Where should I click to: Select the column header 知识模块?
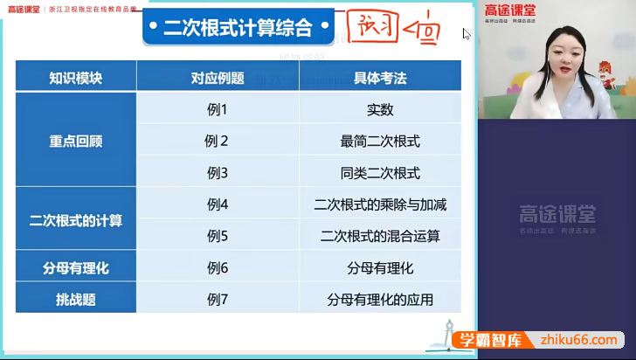point(76,78)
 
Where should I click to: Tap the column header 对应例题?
point(218,78)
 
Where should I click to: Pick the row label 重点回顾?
point(76,141)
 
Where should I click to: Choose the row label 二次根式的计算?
point(76,220)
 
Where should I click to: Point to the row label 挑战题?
point(76,299)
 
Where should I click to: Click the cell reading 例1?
point(218,109)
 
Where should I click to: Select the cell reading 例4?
point(218,204)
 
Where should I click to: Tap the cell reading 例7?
point(218,299)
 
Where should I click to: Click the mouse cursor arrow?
point(467,34)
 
